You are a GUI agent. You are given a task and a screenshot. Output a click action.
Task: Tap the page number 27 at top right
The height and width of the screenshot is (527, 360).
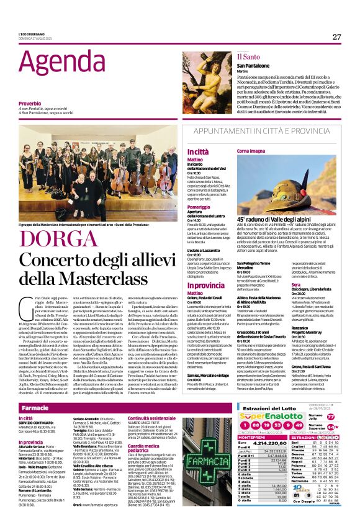click(336, 37)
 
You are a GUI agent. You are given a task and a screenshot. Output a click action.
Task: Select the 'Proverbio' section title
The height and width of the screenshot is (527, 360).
click(30, 102)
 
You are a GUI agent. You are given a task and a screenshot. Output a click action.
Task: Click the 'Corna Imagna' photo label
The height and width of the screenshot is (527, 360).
click(251, 151)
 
